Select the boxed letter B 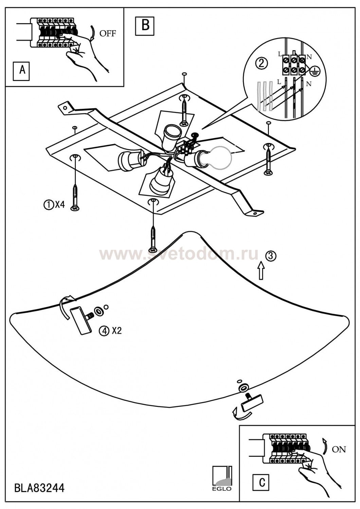(145, 25)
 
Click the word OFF (107, 33)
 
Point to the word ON (339, 449)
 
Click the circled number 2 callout (262, 63)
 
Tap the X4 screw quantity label (59, 204)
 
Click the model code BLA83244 (39, 488)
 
